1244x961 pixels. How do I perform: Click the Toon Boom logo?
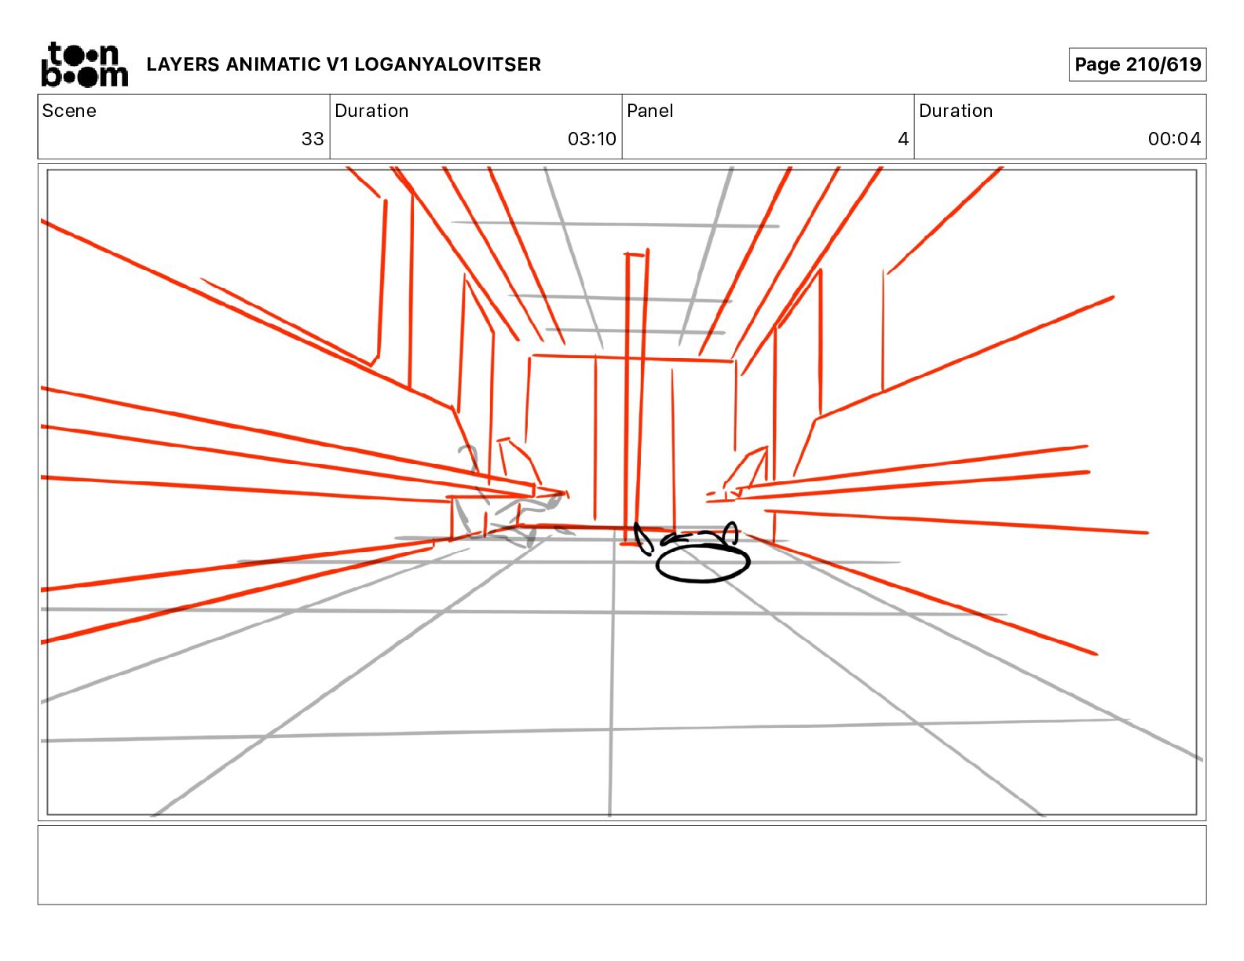tap(84, 64)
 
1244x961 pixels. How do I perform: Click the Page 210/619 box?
tap(1137, 64)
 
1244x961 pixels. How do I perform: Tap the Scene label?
tap(69, 111)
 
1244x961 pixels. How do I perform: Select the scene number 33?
tap(313, 139)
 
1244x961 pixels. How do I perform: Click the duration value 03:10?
tap(591, 139)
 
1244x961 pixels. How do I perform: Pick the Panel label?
tap(650, 111)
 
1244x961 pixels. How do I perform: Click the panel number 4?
tap(903, 139)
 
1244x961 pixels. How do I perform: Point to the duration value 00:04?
tap(1174, 139)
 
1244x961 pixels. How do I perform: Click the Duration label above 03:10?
tap(371, 111)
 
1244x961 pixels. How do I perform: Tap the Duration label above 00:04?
tap(956, 111)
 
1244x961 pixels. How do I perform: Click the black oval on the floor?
tap(703, 563)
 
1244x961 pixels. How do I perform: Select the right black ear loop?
tap(731, 534)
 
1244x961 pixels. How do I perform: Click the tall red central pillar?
tap(635, 393)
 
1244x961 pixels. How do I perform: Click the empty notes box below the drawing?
tap(621, 864)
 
